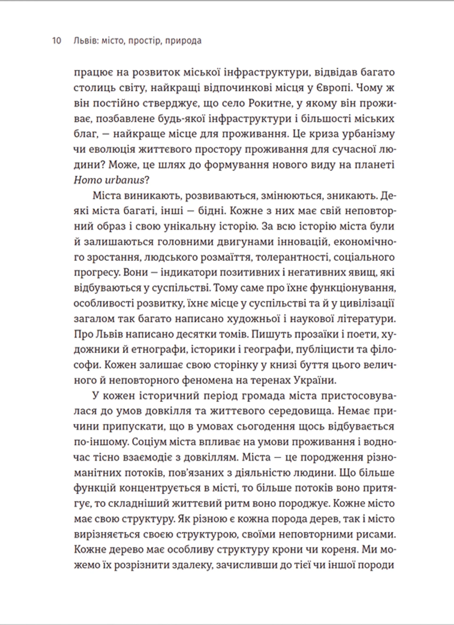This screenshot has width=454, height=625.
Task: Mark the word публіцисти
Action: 328,350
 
